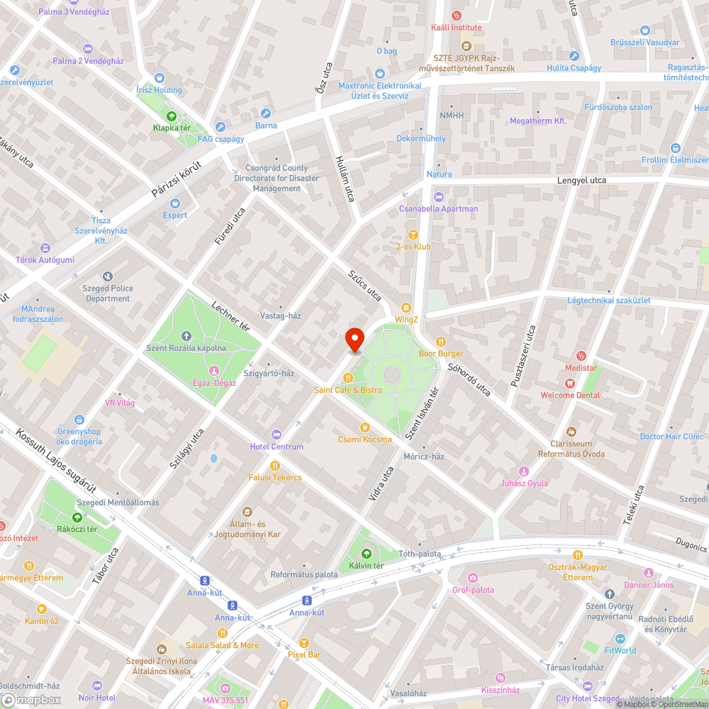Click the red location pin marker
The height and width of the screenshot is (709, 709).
354,340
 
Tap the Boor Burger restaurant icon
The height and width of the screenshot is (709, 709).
441,341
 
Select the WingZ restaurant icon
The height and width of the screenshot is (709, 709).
406,308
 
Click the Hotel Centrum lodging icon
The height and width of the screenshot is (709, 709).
277,434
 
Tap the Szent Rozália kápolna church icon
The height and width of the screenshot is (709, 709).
186,335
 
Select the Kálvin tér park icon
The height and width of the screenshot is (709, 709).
366,553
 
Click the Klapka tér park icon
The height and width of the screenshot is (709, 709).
171,116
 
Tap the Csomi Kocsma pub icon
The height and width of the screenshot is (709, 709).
364,427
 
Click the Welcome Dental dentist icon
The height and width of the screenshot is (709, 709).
569,383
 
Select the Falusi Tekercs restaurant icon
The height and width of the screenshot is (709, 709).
275,465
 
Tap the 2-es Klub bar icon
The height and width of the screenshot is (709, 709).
413,234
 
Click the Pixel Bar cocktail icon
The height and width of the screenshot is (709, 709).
304,642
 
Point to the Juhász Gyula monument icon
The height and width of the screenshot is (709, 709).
524,471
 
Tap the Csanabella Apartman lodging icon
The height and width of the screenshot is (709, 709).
438,196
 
